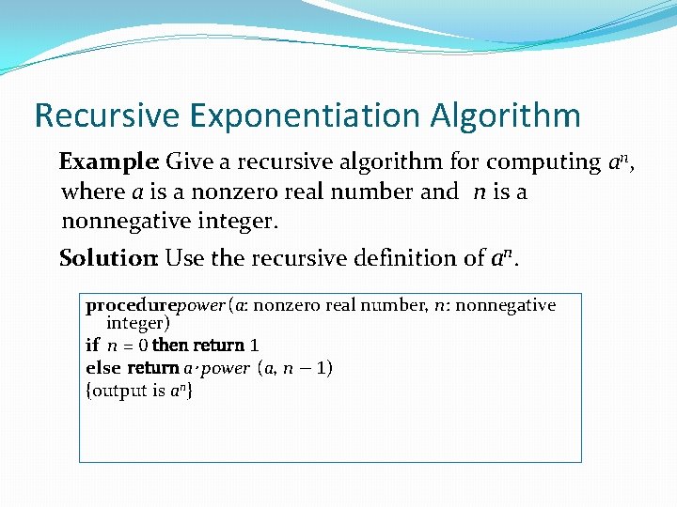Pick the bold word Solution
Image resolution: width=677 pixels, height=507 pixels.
[x=108, y=257]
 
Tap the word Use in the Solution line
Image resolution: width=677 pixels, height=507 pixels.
[x=183, y=257]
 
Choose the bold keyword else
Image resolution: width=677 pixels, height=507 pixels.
[x=102, y=367]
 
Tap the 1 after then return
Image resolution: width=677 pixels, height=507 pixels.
[x=254, y=346]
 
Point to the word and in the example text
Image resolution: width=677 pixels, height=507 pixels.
[x=440, y=192]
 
